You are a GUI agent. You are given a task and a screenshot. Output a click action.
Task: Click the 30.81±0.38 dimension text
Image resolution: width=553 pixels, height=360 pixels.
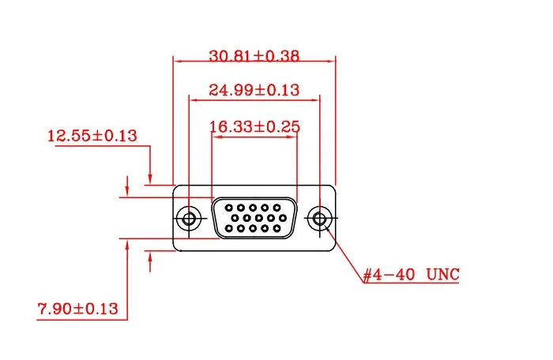254,56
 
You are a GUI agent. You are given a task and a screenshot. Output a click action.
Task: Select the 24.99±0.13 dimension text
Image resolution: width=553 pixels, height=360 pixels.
254,90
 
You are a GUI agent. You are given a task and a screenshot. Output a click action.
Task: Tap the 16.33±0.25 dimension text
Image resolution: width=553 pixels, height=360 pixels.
254,126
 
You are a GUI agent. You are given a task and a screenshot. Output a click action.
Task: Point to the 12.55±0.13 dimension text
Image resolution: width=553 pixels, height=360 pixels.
92,136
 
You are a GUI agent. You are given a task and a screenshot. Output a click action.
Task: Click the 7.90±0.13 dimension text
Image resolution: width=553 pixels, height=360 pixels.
78,309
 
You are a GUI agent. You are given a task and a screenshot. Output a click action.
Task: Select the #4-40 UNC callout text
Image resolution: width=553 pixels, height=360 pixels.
411,275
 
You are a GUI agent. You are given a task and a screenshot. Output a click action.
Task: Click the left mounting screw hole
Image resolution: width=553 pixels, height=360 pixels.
189,218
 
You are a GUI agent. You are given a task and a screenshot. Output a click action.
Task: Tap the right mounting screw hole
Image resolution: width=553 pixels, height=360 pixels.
320,218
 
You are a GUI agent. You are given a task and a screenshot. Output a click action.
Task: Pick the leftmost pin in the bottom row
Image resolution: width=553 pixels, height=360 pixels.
228,229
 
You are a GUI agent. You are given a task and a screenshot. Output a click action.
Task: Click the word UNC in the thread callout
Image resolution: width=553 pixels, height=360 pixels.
442,275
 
